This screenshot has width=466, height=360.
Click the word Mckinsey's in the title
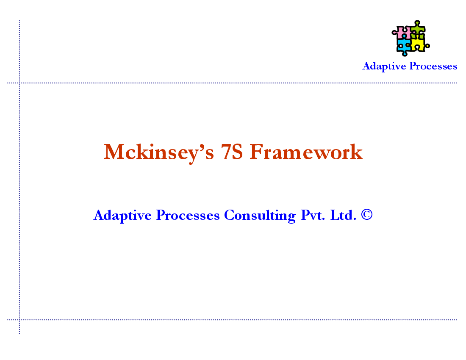coord(159,152)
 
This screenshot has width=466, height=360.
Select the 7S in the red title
coord(232,152)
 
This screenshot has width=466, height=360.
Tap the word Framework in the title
coord(306,152)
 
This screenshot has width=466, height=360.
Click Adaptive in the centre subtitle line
coord(122,215)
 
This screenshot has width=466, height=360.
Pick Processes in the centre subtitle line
coord(188,215)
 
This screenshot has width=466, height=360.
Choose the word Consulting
coord(260,216)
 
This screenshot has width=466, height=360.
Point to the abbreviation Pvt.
coord(313,215)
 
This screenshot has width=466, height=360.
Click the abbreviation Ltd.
coord(343,215)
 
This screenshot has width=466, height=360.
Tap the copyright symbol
coord(367,214)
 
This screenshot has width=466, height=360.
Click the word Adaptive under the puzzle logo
coord(384,66)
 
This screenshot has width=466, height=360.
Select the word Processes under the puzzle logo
coord(433,66)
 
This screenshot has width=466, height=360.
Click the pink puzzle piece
coord(402,32)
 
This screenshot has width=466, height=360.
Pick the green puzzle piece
coord(418,30)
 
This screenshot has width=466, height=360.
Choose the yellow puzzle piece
coord(419,44)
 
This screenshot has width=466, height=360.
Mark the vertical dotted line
coord(19,177)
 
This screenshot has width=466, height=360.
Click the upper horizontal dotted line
coord(232,83)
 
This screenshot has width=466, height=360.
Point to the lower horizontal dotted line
coord(232,320)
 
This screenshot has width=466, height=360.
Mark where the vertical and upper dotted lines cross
coord(19,83)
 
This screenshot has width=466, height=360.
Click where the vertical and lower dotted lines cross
coord(19,320)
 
